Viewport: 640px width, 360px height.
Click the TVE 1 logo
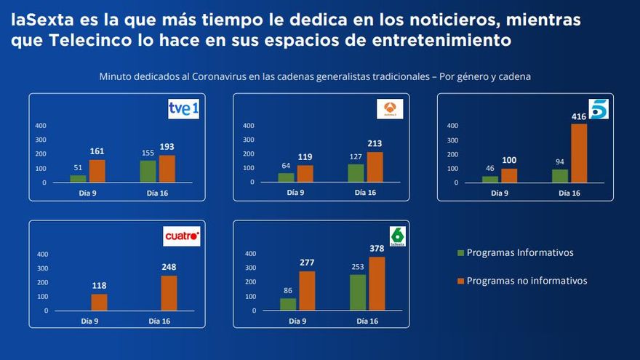point(184,109)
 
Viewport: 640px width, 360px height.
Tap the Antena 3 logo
point(390,109)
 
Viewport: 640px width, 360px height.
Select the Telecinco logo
point(598,109)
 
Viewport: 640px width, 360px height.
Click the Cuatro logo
point(182,237)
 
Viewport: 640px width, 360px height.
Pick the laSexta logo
point(397,236)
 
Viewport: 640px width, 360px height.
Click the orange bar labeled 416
point(578,153)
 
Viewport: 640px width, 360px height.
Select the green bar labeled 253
point(357,292)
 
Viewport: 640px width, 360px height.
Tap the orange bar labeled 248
point(169,293)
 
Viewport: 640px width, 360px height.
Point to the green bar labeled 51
point(78,178)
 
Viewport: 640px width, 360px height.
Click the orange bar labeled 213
point(375,167)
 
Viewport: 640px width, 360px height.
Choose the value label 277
point(306,263)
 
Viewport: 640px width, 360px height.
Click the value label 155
point(148,153)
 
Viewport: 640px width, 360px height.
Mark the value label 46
point(490,168)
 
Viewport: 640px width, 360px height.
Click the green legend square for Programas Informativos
point(460,253)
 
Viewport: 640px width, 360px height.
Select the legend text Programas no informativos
point(527,281)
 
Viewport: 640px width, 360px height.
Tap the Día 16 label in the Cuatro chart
point(160,321)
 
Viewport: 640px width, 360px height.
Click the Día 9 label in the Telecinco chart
point(499,193)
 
